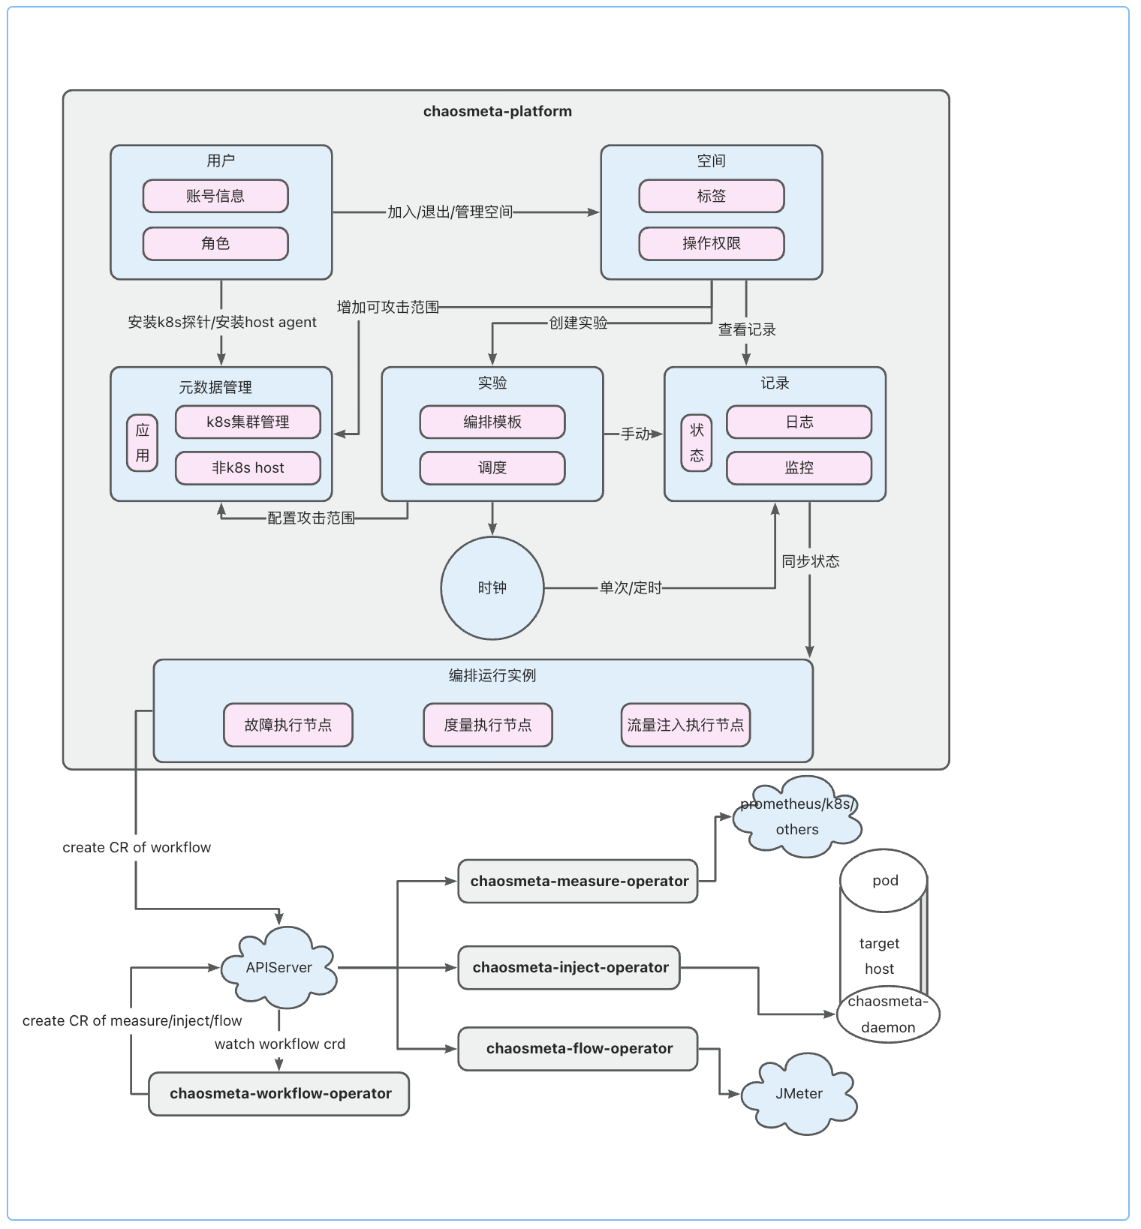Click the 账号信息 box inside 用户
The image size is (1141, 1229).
[x=215, y=196]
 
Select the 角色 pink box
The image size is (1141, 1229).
[x=215, y=244]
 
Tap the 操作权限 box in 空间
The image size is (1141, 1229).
[x=712, y=244]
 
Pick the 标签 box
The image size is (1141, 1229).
[x=712, y=196]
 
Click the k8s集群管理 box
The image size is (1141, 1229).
[x=248, y=422]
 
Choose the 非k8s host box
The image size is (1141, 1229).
[x=248, y=468]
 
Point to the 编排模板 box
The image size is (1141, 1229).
[x=492, y=422]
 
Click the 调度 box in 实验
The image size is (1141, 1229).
[x=492, y=468]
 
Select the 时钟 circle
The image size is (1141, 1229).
[x=492, y=588]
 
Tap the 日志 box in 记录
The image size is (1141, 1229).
[x=799, y=422]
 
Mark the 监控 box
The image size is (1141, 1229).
[x=799, y=468]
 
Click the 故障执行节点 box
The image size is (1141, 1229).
[x=288, y=725]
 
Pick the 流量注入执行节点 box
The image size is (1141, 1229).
[x=685, y=725]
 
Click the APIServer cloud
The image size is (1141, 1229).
[x=278, y=968]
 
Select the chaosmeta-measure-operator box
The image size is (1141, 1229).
[x=579, y=882]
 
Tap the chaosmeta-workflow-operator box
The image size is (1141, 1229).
[x=280, y=1094]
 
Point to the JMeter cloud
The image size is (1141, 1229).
[x=799, y=1094]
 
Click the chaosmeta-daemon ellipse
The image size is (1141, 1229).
[x=888, y=1015]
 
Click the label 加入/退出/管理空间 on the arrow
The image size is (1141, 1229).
[x=450, y=212]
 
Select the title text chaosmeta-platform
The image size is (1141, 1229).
[x=498, y=112]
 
